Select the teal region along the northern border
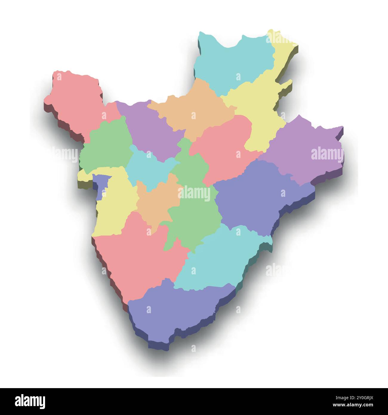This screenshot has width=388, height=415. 236,63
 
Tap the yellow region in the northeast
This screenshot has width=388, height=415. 260,110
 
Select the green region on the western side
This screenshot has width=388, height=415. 107,146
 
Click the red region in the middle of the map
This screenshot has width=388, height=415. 227,149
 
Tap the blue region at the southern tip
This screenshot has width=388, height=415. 179,311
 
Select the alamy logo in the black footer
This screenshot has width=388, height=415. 30,401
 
